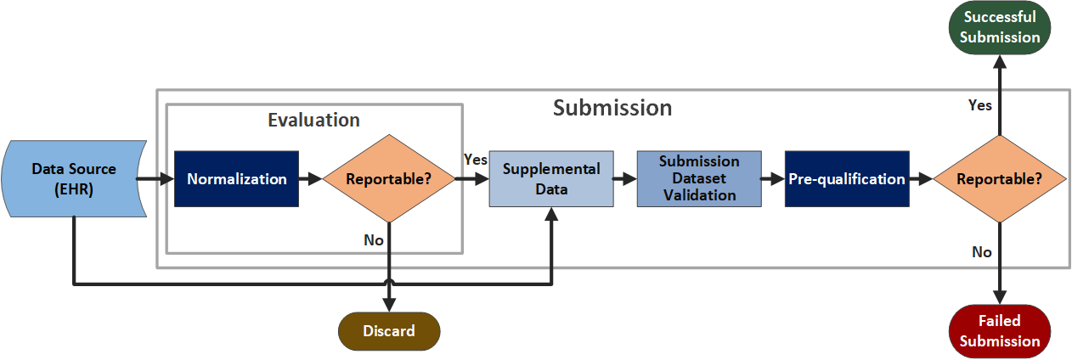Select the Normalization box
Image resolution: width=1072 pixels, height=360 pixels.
pos(236,179)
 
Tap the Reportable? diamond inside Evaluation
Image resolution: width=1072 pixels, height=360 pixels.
pos(388,179)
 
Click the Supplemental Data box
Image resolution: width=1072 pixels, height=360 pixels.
pos(551,179)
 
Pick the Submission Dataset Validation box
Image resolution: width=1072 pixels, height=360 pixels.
pos(699,179)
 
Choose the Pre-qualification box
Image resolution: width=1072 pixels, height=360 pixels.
pos(847,179)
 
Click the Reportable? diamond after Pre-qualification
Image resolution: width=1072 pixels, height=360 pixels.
pos(999,179)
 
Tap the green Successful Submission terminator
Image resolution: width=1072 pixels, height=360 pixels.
pos(999,28)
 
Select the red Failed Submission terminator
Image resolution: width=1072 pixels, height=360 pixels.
pos(999,331)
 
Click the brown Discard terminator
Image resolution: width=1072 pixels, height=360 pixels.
pos(389,331)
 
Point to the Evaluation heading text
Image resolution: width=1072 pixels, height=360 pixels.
pos(313,121)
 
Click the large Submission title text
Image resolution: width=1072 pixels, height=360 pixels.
pos(612,108)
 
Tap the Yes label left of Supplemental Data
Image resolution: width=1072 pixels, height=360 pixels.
pos(475,160)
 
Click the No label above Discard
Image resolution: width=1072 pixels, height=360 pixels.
pos(374,240)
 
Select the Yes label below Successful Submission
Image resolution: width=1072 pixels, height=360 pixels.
pos(979,106)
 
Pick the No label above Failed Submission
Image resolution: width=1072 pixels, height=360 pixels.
pos(981,252)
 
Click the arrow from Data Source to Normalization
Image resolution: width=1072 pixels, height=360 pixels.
pos(155,179)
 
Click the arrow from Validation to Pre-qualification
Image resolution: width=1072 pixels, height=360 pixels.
pos(772,179)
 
